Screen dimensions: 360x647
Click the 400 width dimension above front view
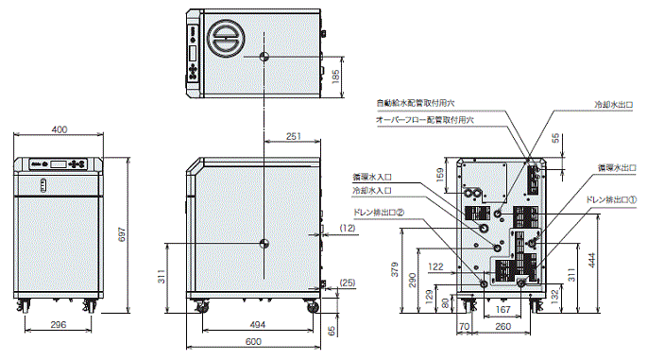[x=60, y=129]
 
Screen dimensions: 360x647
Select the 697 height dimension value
[x=121, y=235]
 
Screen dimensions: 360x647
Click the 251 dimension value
[x=294, y=137]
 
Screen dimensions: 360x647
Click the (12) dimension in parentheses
[x=348, y=229]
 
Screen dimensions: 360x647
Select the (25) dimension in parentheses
[x=348, y=283]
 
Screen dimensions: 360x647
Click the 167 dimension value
[x=502, y=308]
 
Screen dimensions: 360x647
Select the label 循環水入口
[x=372, y=176]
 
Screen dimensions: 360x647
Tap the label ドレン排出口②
[x=378, y=211]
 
